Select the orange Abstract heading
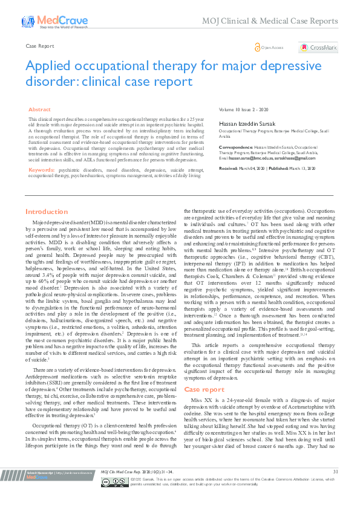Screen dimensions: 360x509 pos(40,109)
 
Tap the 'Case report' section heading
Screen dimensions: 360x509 pos(204,372)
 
